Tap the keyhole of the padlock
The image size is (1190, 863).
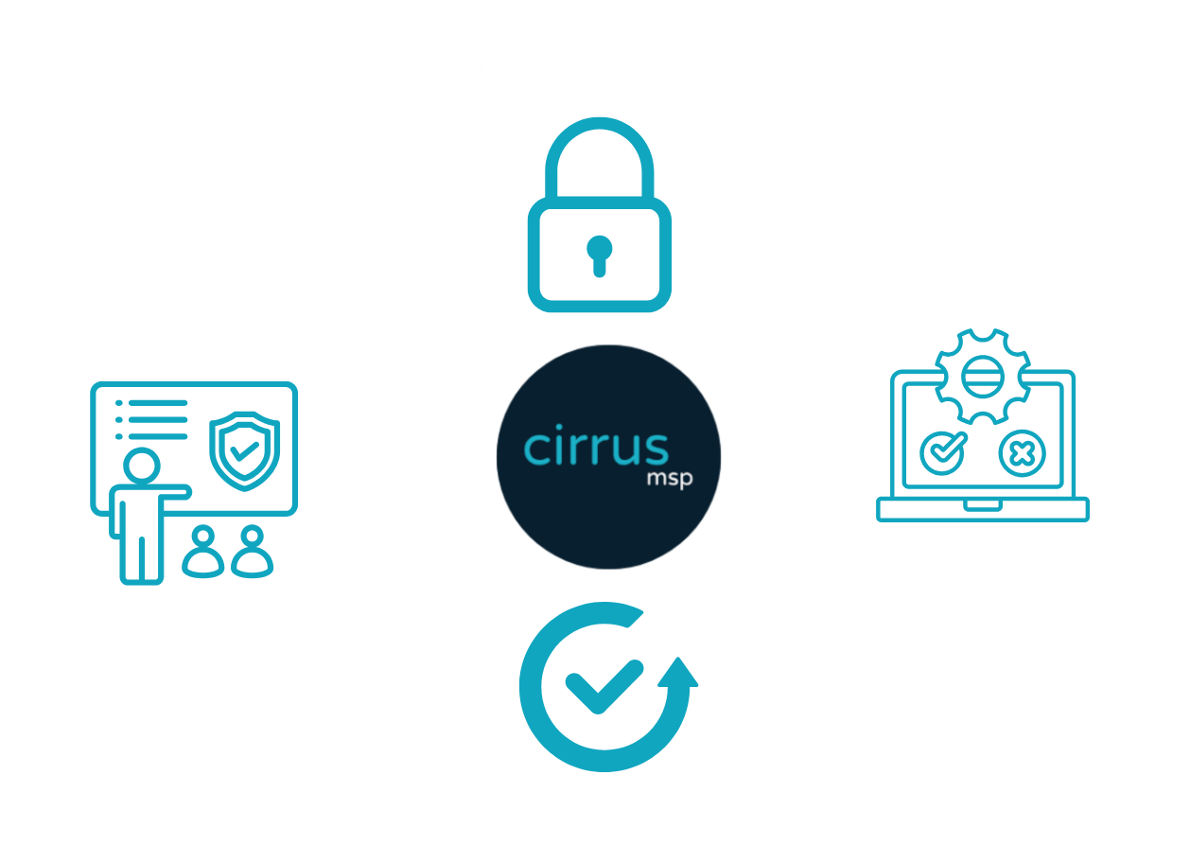tap(599, 255)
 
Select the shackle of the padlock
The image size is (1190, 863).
tap(600, 142)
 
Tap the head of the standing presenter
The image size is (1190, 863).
tap(141, 467)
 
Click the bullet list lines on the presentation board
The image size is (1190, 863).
tap(151, 419)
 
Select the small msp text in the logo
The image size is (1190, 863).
tap(669, 479)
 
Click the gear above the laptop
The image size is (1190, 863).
tap(981, 377)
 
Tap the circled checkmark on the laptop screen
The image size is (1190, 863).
tap(942, 453)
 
